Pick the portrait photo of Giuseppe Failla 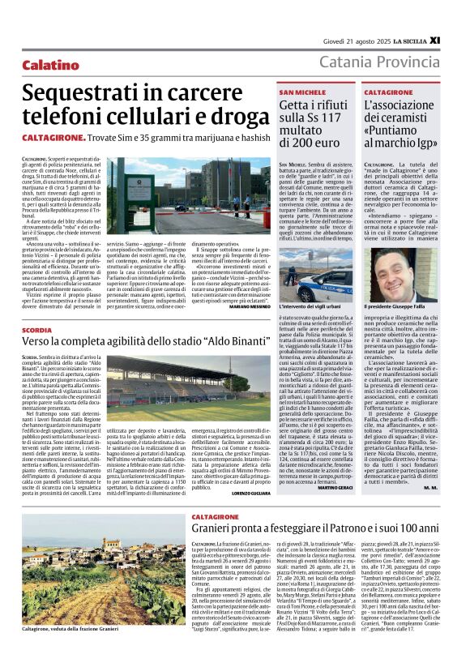coord(399,275)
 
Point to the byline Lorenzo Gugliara coord(246,493)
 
